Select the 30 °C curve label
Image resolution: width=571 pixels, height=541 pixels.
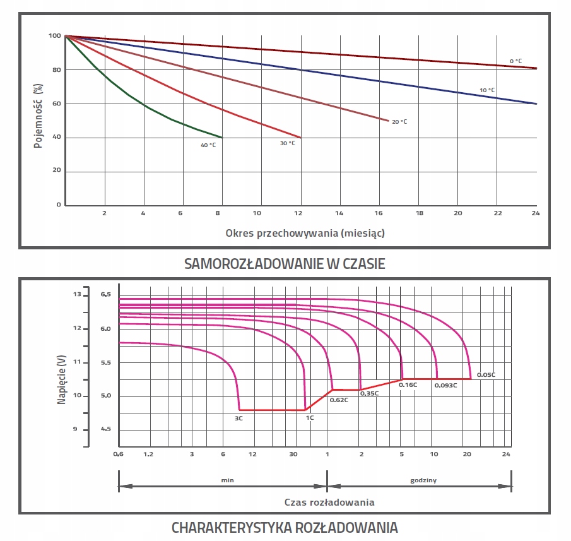click(x=287, y=143)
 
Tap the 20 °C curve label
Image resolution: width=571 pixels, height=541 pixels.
click(x=399, y=121)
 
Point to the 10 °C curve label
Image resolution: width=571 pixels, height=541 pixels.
click(x=487, y=90)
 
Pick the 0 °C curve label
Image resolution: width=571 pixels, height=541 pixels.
click(x=515, y=61)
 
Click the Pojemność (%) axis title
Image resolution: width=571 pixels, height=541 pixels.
click(x=38, y=116)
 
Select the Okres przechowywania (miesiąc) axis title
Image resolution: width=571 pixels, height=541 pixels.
click(x=305, y=233)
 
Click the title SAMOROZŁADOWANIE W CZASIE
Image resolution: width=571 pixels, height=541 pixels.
click(x=285, y=264)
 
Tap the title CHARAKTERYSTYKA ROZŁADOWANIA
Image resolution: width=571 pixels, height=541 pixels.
click(x=285, y=526)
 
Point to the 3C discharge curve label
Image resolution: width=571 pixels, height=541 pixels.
click(x=239, y=417)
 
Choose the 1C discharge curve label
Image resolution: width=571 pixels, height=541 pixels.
click(x=310, y=417)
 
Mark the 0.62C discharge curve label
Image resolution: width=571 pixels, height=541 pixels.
click(x=339, y=400)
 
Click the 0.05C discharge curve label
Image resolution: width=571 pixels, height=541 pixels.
click(x=486, y=375)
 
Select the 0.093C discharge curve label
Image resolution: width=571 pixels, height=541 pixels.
click(x=445, y=384)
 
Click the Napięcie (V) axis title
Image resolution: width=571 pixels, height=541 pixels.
click(x=62, y=379)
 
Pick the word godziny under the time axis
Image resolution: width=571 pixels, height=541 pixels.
click(x=423, y=480)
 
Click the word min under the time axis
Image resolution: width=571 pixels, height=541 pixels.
click(x=227, y=480)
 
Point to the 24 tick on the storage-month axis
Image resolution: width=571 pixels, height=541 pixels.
click(x=536, y=213)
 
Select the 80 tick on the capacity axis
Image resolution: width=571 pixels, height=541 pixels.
click(x=56, y=70)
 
